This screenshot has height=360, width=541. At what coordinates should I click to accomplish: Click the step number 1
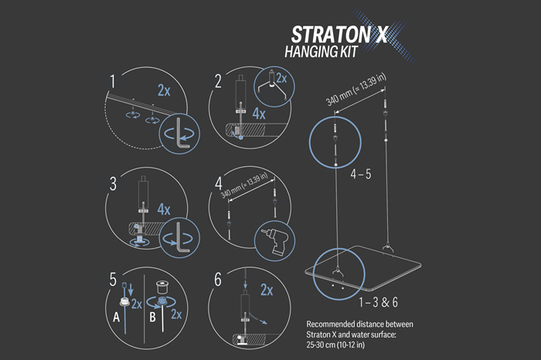click(x=114, y=80)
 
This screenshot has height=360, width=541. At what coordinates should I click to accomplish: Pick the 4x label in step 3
click(x=163, y=209)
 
